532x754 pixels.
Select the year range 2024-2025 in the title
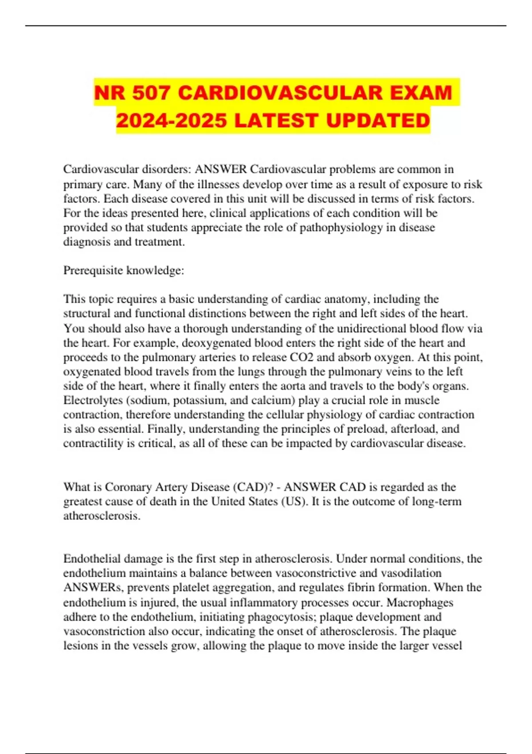[172, 121]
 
